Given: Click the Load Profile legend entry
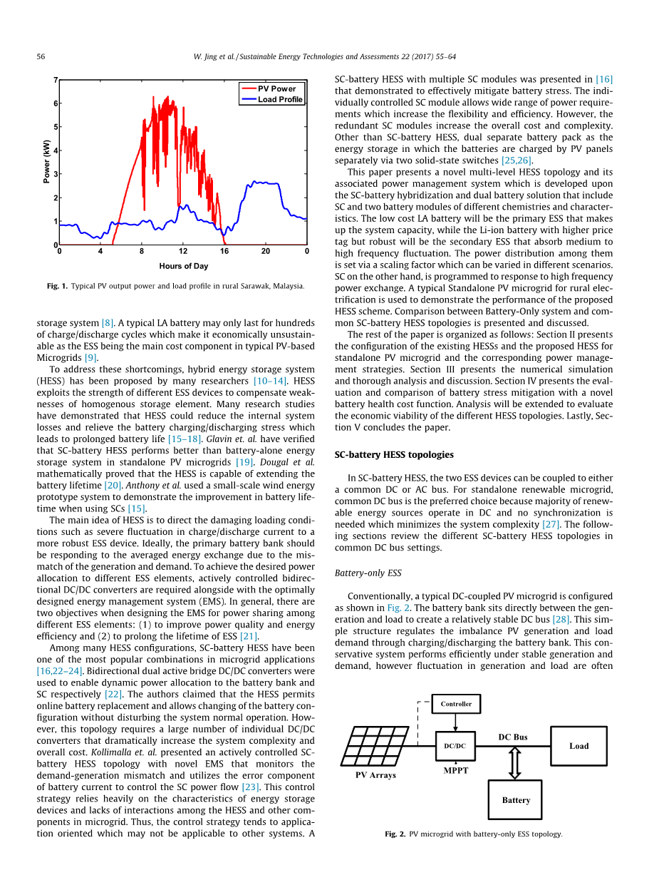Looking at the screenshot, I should (280, 100).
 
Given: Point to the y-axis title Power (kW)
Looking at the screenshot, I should (47, 162).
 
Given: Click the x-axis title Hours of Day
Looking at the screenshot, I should (184, 266).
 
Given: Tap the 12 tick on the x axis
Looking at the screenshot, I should (183, 251).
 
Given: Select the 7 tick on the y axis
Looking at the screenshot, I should (56, 81).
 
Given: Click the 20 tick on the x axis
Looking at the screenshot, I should (266, 251).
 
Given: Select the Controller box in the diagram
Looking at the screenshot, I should (456, 704).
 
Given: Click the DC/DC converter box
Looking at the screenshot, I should (455, 746).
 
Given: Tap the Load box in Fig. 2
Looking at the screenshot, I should (578, 746).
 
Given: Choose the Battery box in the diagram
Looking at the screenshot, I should (515, 800).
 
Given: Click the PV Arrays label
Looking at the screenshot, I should (375, 775).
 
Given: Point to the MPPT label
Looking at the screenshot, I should (456, 771).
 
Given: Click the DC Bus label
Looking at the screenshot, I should (512, 737).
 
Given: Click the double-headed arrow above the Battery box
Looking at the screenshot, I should (514, 762).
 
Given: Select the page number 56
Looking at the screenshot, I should (41, 56).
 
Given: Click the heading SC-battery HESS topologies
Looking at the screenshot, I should (394, 454).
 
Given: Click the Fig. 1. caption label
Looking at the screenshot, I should (57, 286).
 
